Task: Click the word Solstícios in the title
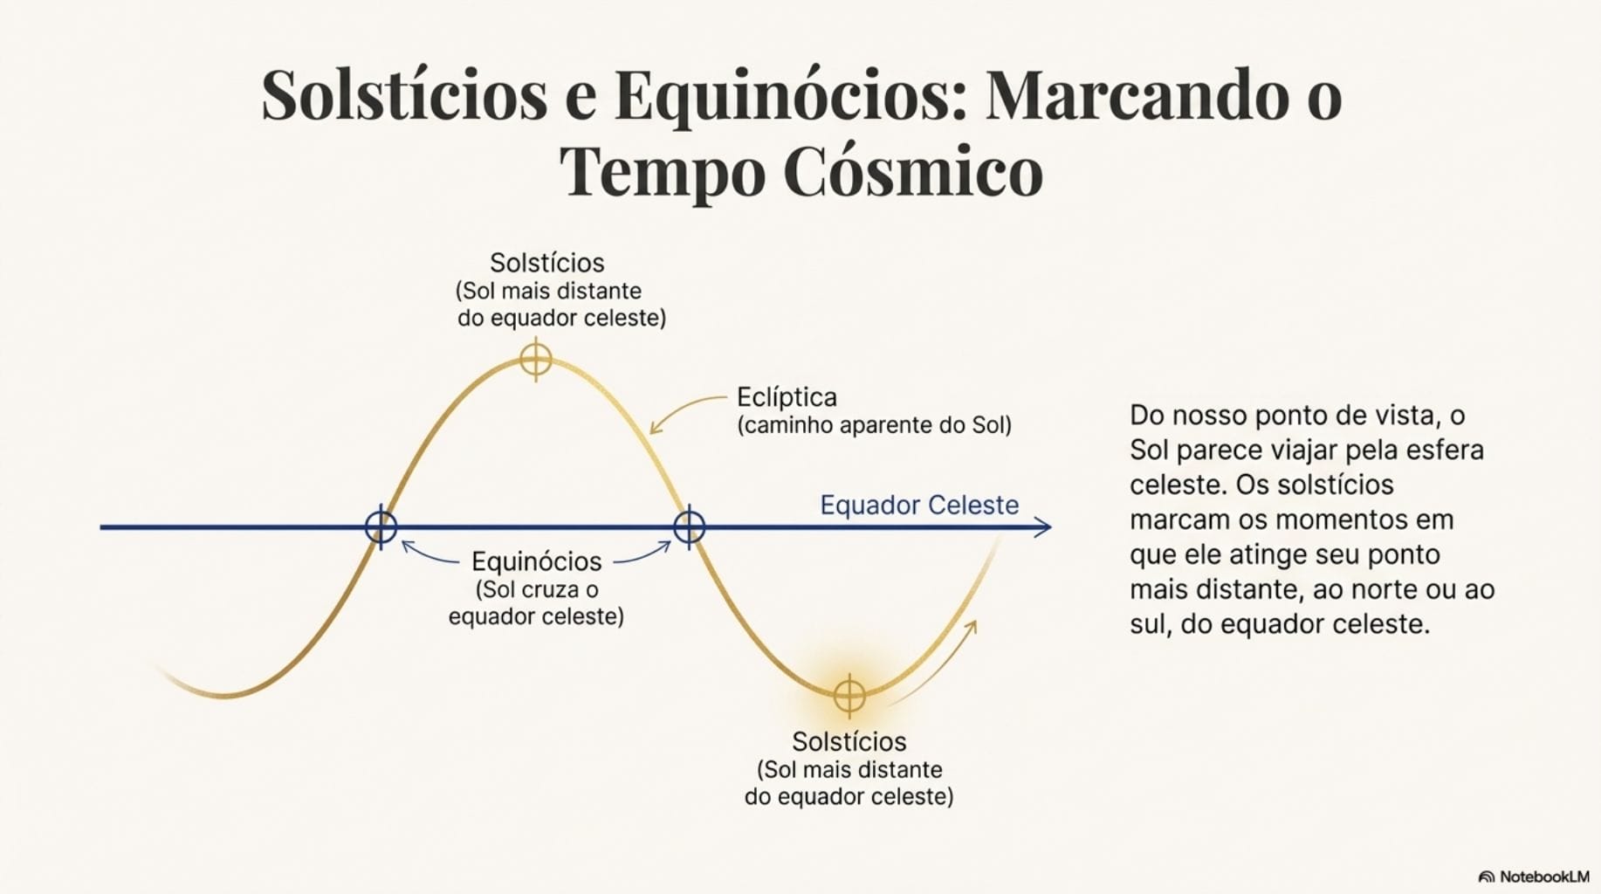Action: click(404, 94)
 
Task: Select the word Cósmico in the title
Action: click(913, 170)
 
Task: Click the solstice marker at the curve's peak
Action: click(535, 360)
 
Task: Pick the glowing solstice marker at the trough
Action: click(849, 696)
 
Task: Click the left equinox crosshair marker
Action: click(381, 526)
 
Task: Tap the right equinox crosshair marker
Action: click(689, 526)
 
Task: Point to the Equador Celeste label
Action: click(919, 505)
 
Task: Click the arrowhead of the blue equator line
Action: click(1043, 526)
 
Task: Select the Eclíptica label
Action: click(787, 397)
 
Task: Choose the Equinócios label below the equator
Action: click(536, 561)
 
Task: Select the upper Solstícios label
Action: click(547, 263)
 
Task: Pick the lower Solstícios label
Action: click(849, 741)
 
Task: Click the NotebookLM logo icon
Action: click(1486, 877)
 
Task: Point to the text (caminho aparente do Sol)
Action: click(875, 425)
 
